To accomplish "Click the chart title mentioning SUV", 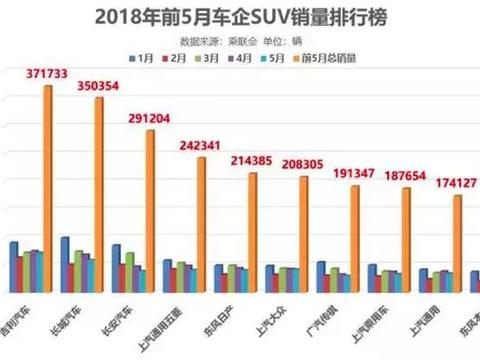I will pyautogui.click(x=240, y=17).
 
